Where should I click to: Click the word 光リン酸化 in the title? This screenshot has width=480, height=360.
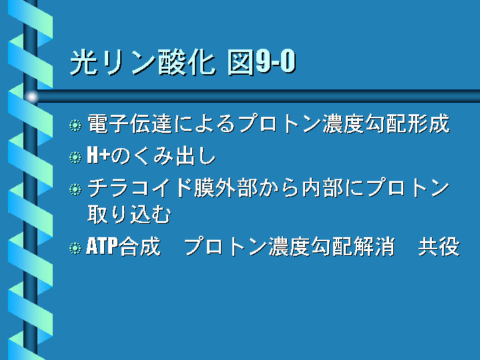(143, 63)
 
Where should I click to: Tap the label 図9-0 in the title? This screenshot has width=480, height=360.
(262, 62)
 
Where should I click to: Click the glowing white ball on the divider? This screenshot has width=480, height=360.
(31, 97)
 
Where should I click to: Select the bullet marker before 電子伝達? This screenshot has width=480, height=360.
(75, 126)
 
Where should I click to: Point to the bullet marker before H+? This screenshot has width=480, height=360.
(75, 157)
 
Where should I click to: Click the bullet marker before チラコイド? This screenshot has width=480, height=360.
(75, 189)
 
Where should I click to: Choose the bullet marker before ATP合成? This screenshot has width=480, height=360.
(75, 248)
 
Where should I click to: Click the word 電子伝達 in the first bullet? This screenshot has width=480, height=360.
(130, 124)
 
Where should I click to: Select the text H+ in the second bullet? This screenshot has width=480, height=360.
(99, 155)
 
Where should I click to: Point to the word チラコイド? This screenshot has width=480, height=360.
(140, 188)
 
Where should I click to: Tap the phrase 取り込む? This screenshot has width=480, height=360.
(129, 214)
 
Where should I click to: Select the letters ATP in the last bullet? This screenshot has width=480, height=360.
(102, 246)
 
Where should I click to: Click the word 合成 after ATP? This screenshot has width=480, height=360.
(140, 246)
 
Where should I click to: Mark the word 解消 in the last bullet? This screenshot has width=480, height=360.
(374, 246)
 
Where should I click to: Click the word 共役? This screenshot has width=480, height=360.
(439, 246)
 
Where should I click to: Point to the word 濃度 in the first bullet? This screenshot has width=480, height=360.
(343, 124)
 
